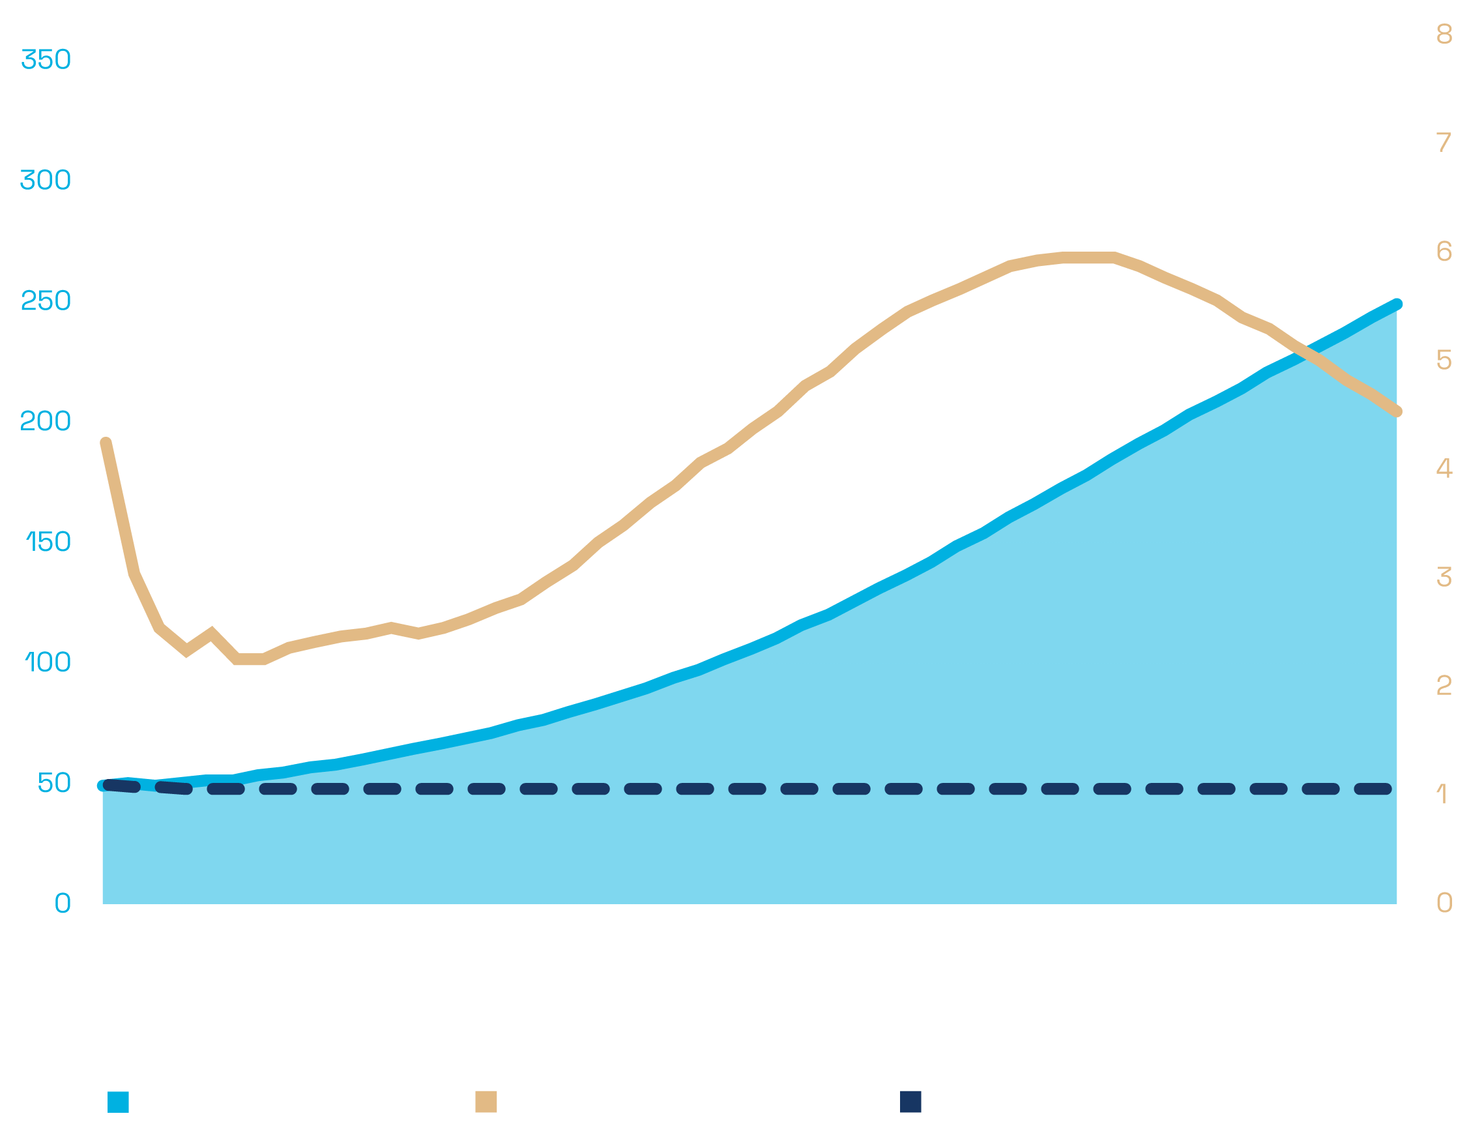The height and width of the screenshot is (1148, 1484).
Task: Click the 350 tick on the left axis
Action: click(x=46, y=60)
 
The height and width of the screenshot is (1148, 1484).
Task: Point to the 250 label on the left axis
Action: click(x=46, y=301)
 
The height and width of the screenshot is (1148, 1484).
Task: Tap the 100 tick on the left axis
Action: click(x=48, y=662)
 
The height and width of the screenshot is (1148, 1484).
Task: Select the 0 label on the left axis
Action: click(x=63, y=904)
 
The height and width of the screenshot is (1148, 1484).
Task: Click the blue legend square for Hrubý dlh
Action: click(x=118, y=1102)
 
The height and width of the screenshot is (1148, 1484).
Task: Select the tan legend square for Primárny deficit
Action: click(x=486, y=1102)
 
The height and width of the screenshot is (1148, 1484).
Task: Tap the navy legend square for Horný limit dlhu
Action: click(x=910, y=1102)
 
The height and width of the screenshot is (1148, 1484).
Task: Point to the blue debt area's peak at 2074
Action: click(x=1397, y=304)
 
